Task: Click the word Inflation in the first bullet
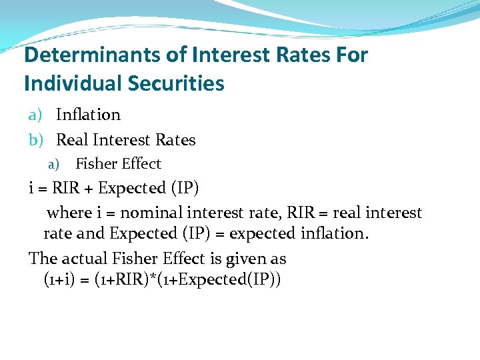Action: tap(88, 115)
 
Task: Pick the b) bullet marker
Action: tap(36, 140)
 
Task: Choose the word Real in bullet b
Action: tap(72, 140)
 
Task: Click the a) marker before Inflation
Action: tap(36, 115)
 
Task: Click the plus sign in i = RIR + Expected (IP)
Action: tap(88, 189)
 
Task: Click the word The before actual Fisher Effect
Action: tap(42, 258)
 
